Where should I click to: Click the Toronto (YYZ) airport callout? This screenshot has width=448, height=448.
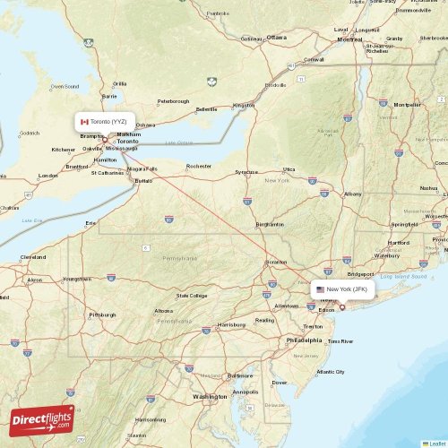pos(105,121)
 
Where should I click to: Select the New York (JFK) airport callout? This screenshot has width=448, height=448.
pos(342,289)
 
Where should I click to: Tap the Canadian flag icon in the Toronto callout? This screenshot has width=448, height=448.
pos(84,121)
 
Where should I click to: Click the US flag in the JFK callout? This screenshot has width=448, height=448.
pos(320,289)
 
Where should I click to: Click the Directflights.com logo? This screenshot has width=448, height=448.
pos(41,419)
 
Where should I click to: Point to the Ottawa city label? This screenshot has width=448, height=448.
pos(276,38)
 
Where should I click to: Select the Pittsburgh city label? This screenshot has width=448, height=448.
pos(102,314)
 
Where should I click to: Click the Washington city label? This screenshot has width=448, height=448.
pos(210,396)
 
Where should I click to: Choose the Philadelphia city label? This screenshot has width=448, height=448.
pos(304,340)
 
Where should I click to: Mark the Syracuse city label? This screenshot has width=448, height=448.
pos(246,171)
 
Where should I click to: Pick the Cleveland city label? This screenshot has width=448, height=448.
pos(33,257)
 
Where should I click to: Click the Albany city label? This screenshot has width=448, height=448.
pos(353,194)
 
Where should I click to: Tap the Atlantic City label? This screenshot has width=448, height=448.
pos(330,372)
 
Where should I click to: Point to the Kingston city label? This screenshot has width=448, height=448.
pos(244,105)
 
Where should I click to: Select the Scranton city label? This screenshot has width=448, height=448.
pos(277,262)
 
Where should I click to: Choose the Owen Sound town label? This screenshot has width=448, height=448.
pos(65,86)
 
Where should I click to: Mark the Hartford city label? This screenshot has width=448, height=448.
pos(399,242)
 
